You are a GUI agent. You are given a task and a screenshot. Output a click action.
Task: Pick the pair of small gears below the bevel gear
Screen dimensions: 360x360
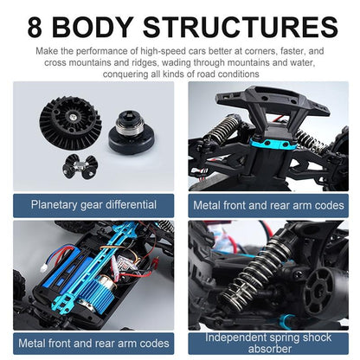coord(87,166)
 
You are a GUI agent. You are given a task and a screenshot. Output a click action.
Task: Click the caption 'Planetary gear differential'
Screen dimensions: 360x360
coord(93,205)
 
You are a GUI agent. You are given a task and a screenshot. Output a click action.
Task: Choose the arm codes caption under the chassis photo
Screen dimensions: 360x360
coord(93,343)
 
